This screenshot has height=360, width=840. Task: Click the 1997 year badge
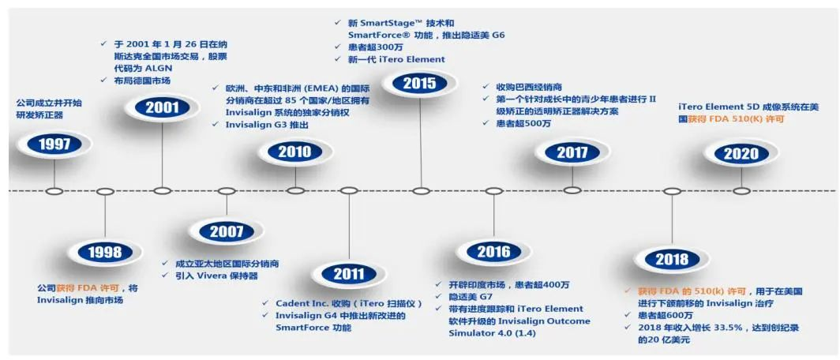click(54, 144)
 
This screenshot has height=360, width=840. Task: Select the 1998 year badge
click(106, 253)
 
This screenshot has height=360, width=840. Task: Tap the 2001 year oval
click(163, 107)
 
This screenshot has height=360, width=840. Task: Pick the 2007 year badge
click(226, 231)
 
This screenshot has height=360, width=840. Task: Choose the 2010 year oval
click(294, 151)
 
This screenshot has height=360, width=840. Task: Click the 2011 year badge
click(349, 274)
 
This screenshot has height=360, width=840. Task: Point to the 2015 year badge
click(419, 83)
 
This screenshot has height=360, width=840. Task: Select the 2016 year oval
click(493, 251)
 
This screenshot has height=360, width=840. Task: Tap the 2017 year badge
click(572, 152)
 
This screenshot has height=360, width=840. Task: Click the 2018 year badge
click(672, 260)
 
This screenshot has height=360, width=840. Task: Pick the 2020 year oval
click(741, 153)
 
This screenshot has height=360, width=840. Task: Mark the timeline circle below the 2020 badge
click(741, 191)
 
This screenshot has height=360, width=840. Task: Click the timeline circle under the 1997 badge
click(54, 191)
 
